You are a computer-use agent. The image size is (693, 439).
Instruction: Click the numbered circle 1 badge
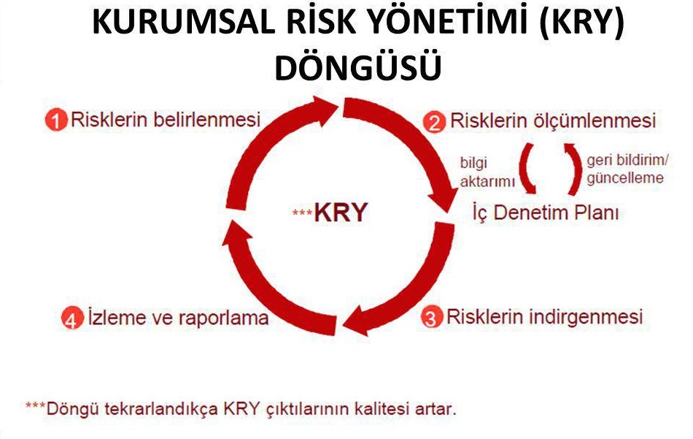(x=56, y=121)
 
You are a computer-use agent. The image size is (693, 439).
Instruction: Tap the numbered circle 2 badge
(x=434, y=122)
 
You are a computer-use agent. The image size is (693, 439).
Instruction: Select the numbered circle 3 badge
(x=431, y=317)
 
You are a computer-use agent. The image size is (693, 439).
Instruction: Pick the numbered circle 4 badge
(x=72, y=318)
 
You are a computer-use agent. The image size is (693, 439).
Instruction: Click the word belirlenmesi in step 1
(x=207, y=120)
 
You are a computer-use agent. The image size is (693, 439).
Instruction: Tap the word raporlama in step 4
(x=224, y=318)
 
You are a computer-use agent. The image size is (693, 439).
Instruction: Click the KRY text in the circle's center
(x=341, y=213)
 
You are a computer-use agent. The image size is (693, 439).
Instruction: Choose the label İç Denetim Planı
(x=546, y=212)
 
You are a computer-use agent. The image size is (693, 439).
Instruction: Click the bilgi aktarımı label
(x=487, y=172)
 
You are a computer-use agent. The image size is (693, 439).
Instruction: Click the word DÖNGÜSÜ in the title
(x=358, y=66)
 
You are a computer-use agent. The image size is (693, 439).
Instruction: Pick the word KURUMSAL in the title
(x=183, y=23)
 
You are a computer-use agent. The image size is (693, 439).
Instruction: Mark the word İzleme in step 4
(x=117, y=317)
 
